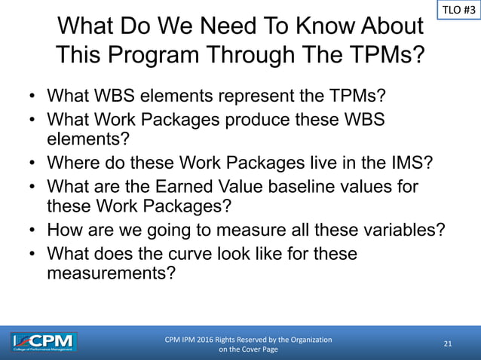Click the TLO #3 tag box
click(458, 11)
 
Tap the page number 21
click(448, 344)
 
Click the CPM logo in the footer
click(44, 343)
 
